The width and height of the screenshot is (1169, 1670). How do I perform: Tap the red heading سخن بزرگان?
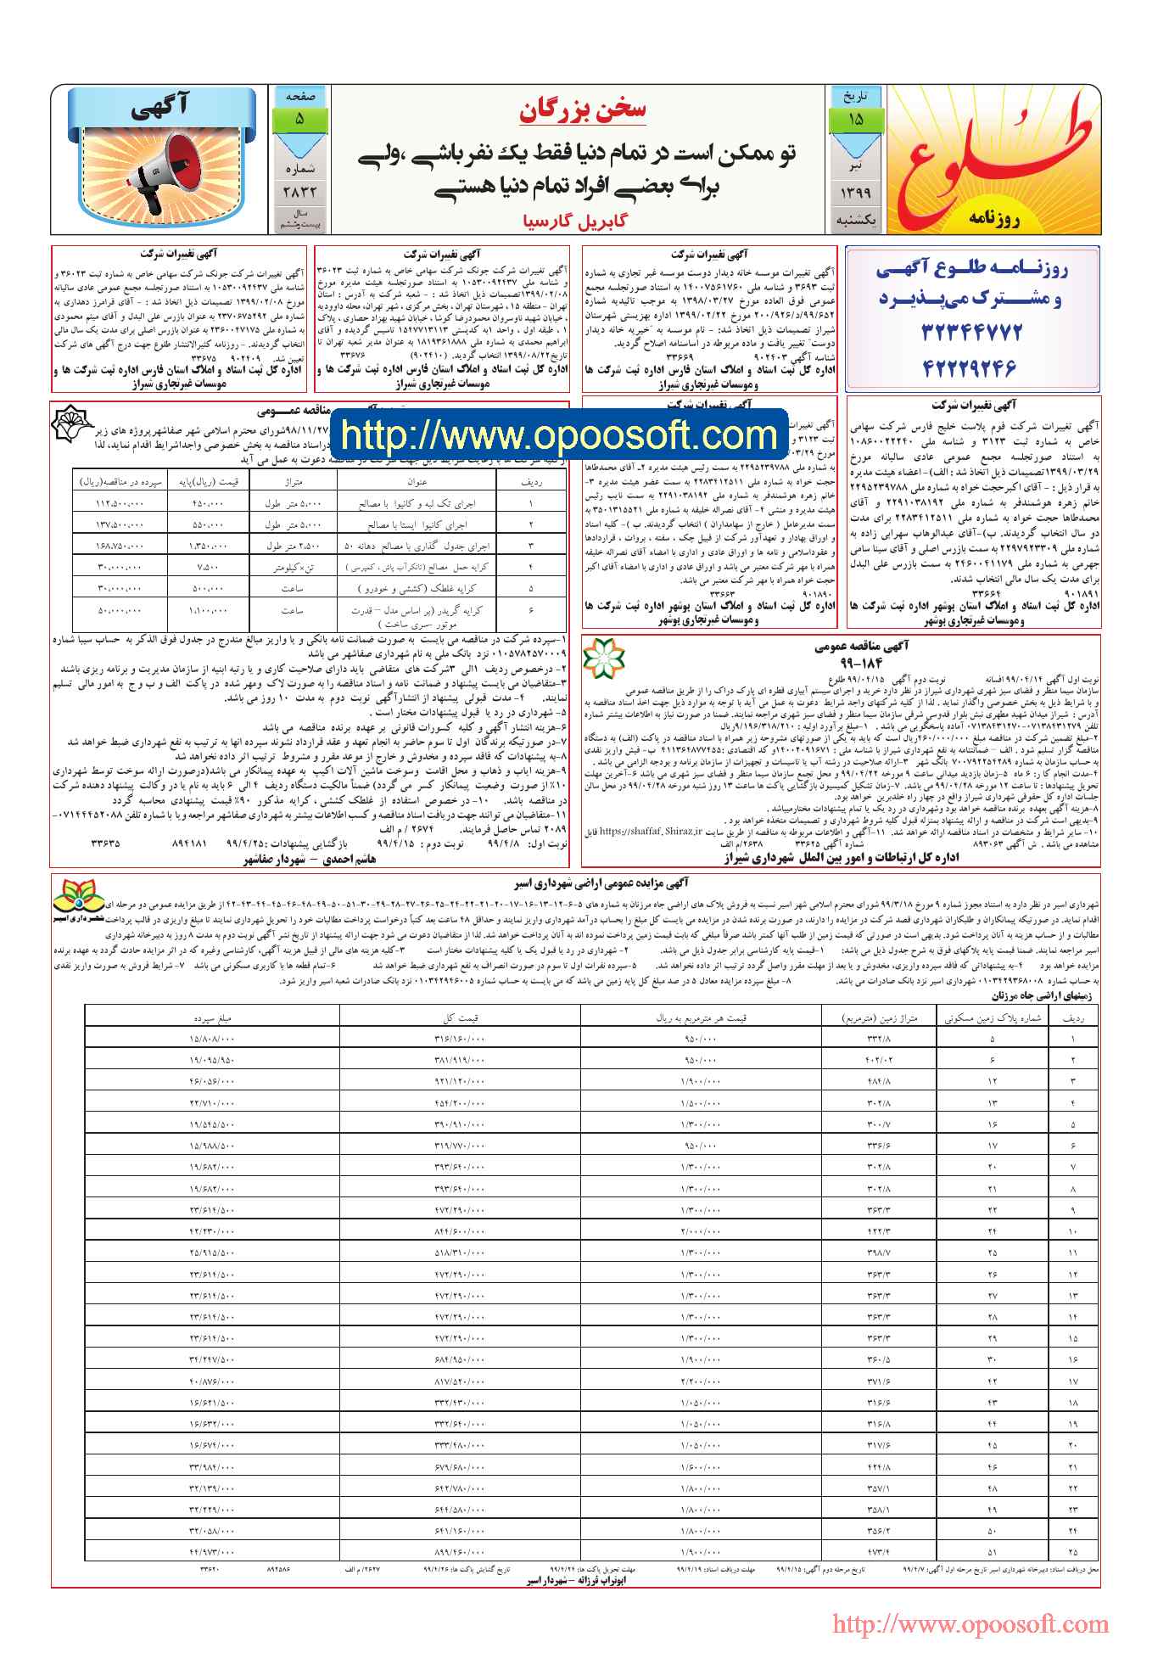click(582, 110)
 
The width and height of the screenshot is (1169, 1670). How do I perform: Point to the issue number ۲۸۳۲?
click(298, 193)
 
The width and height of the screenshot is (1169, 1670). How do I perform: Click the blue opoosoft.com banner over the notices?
click(559, 435)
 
